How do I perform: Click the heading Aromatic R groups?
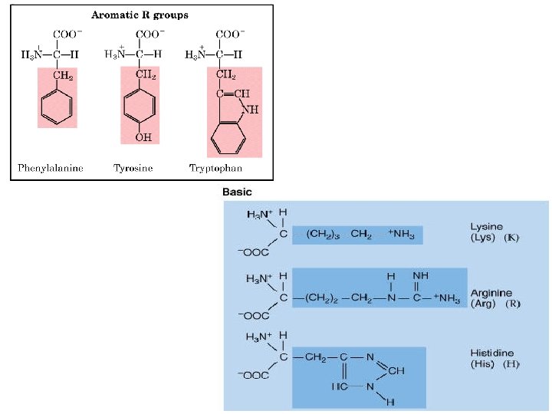click(140, 15)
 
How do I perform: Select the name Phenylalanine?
click(51, 167)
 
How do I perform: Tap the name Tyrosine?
click(133, 167)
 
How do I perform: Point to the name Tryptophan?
click(215, 167)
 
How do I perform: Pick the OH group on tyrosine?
click(143, 137)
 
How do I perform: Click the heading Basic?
click(236, 192)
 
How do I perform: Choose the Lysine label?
click(486, 227)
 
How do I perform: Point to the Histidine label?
click(491, 352)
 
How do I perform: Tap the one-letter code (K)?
click(511, 238)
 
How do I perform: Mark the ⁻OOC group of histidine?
click(253, 375)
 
